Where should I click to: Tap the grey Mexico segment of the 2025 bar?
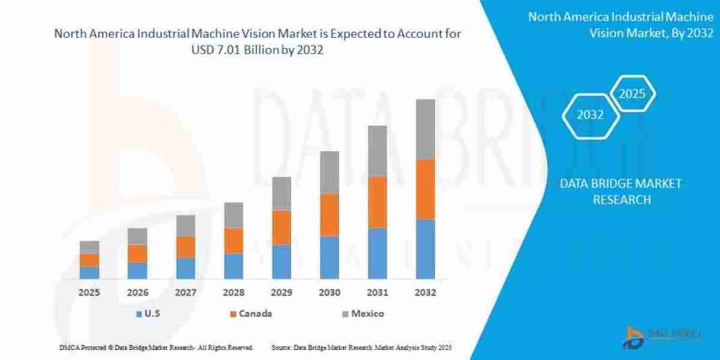[x=89, y=247]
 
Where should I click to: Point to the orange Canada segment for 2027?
[x=185, y=247]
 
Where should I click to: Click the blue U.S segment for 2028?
[x=233, y=266]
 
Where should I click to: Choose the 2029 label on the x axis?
[x=281, y=293]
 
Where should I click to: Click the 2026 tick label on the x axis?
[x=137, y=293]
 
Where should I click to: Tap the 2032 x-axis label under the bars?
[x=425, y=293]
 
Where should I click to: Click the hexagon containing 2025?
[x=632, y=94]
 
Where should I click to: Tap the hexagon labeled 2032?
[x=590, y=115]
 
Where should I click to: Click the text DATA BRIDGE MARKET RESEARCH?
[x=621, y=191]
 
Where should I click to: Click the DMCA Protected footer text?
[x=156, y=347]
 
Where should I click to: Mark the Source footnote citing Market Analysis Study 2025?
[x=361, y=347]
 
